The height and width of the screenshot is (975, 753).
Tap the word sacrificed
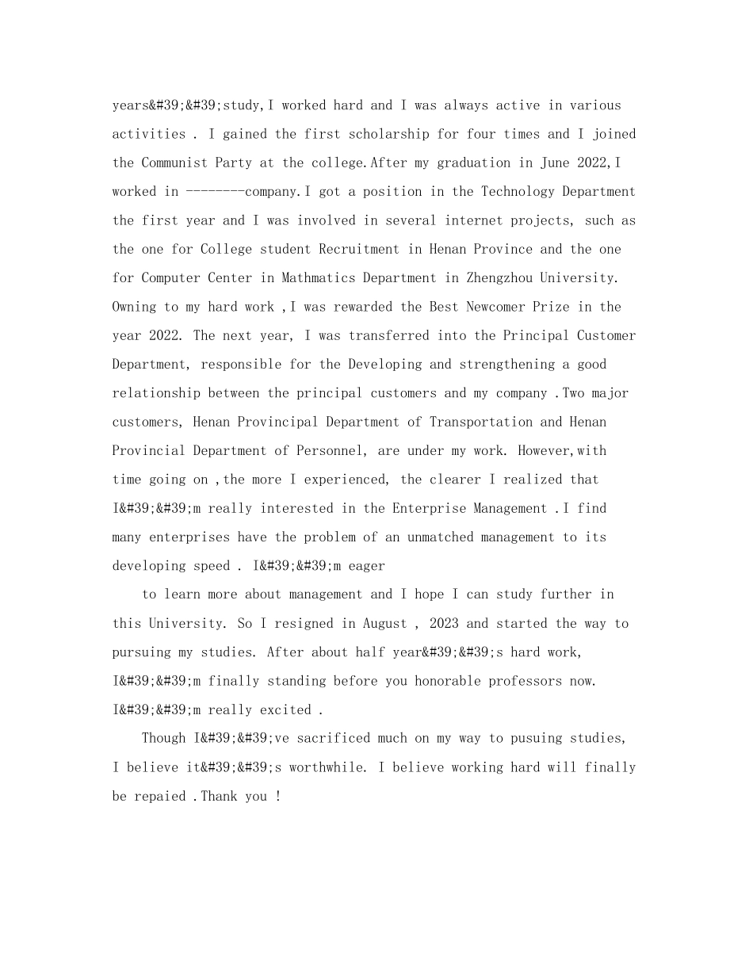pyautogui.click(x=330, y=738)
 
